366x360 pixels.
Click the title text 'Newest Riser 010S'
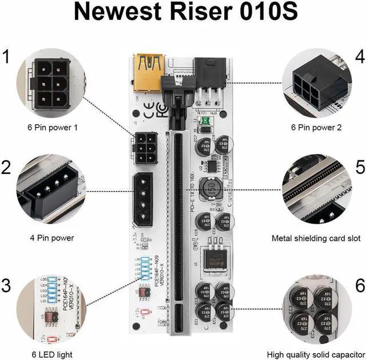[182, 13]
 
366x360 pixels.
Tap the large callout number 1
[7, 57]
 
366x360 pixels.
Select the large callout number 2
[7, 167]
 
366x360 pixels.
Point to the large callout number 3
[7, 284]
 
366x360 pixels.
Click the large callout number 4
[359, 57]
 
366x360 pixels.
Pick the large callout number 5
[360, 167]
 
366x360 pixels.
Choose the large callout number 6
[360, 284]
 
